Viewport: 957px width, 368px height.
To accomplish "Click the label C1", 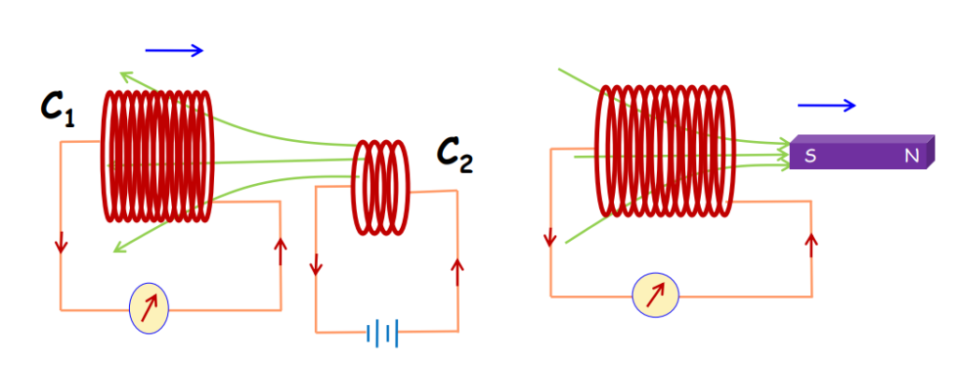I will [57, 110].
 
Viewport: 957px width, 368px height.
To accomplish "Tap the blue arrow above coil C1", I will [174, 50].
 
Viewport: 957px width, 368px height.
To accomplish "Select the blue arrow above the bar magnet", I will [826, 106].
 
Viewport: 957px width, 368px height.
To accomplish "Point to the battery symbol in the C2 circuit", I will [383, 333].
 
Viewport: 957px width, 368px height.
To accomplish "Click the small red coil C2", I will [380, 187].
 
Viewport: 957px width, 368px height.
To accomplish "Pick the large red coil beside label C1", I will [157, 156].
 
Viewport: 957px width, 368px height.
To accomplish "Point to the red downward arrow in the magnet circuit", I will [551, 237].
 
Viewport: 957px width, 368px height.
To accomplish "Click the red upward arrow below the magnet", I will [811, 243].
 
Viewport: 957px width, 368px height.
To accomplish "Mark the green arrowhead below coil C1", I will [116, 248].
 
